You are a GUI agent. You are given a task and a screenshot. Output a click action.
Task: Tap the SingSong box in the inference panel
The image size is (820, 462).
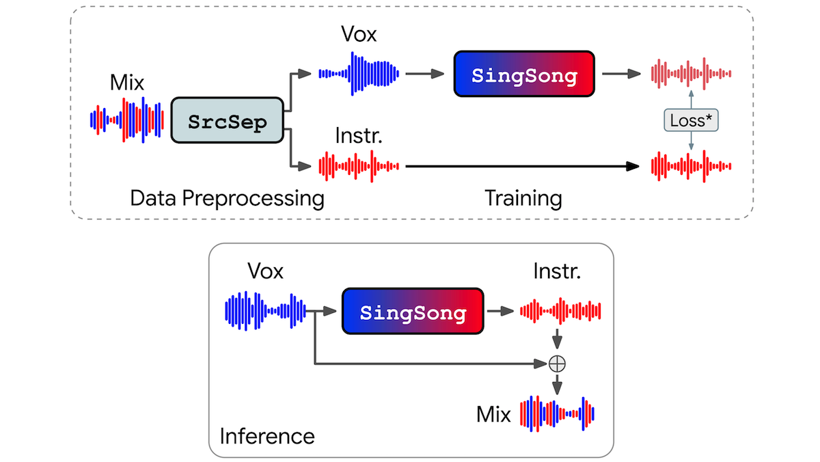click(413, 312)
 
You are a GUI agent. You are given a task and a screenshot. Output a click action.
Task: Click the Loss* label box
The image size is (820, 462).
click(692, 120)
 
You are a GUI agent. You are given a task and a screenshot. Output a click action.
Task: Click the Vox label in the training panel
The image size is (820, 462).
click(359, 33)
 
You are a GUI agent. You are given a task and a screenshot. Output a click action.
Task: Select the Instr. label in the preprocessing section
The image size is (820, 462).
click(358, 135)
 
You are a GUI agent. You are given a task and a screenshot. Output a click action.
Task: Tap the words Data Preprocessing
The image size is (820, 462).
click(227, 198)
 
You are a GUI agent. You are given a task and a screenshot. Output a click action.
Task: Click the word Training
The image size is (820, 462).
click(523, 198)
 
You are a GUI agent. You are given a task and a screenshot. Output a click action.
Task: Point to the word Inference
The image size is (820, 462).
click(267, 435)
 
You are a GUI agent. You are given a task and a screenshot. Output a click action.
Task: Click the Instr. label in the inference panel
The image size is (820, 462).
click(558, 271)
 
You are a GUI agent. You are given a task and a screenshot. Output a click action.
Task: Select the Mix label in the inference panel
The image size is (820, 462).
click(493, 414)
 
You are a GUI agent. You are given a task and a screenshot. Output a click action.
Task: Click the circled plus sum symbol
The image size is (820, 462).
click(558, 363)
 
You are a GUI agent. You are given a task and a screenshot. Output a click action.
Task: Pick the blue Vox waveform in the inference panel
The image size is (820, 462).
click(265, 312)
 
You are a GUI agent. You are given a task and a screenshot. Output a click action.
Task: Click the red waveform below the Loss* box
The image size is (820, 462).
click(692, 165)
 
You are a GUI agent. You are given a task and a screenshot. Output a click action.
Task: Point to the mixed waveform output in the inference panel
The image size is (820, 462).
click(558, 413)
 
